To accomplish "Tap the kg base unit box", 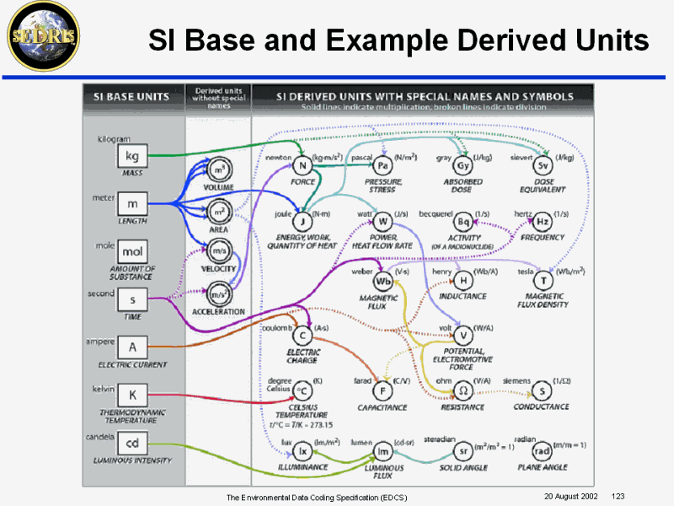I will click(x=132, y=156).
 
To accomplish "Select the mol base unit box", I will click(x=132, y=252).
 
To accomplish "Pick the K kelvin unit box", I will click(x=132, y=395).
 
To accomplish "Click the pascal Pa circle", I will click(x=382, y=166).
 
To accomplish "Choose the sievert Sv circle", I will click(x=543, y=166).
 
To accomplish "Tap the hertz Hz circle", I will click(x=543, y=222).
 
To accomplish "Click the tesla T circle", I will click(x=543, y=280).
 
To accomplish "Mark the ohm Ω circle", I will click(x=463, y=390).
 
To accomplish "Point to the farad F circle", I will click(x=382, y=390).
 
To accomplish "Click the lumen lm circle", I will click(x=382, y=449).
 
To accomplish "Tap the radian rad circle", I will click(x=543, y=449).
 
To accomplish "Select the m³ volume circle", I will click(x=218, y=171).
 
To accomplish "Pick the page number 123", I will click(x=618, y=496).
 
